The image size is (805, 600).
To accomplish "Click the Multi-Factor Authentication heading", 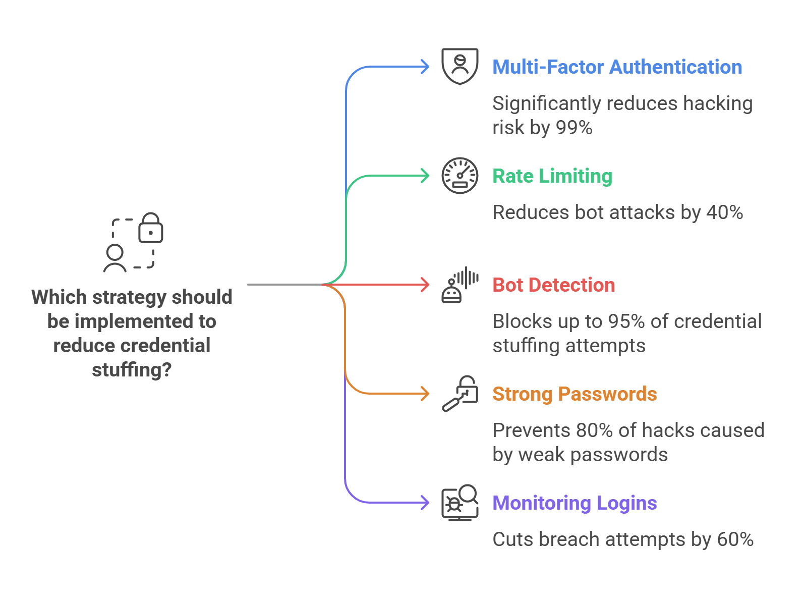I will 617,67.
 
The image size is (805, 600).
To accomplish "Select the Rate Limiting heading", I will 552,176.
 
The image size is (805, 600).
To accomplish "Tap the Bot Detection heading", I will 553,285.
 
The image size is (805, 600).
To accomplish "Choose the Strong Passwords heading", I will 574,394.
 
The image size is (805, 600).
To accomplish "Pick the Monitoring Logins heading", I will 574,503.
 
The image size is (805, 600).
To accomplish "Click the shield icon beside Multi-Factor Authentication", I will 459,66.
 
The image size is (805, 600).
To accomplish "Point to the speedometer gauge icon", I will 459,176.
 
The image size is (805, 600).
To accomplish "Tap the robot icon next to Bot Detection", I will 452,292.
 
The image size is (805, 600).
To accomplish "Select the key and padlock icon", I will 459,394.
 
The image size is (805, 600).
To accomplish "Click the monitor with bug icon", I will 459,503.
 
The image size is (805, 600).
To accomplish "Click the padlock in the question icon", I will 150,229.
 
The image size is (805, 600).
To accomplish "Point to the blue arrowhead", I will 425,67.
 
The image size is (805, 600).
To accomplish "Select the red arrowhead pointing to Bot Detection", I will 425,285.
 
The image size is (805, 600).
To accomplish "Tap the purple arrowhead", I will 425,503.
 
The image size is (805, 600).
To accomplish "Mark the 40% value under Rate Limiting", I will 724,212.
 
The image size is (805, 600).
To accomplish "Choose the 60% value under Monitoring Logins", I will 735,539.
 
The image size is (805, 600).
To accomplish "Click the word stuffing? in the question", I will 132,370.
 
